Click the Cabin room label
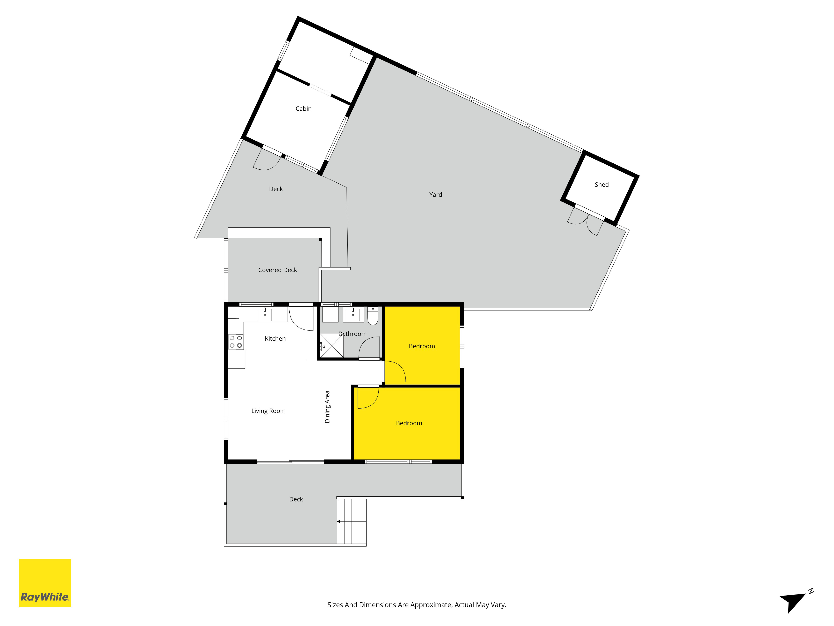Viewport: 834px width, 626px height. click(304, 109)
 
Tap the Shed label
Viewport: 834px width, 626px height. click(602, 184)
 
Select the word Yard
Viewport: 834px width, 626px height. click(436, 195)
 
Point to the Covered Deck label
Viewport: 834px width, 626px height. click(278, 270)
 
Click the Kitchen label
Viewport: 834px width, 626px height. click(275, 338)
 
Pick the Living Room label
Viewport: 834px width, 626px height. click(269, 411)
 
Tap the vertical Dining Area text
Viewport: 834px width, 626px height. click(327, 407)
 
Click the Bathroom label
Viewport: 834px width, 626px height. click(353, 334)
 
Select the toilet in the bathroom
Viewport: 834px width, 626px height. click(373, 316)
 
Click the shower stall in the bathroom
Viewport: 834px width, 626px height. click(332, 345)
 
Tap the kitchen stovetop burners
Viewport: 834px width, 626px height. click(236, 342)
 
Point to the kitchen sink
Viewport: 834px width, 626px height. click(265, 314)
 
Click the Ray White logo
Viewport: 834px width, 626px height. click(45, 583)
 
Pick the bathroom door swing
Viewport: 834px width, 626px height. click(369, 347)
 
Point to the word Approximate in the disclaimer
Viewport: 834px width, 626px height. click(431, 605)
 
